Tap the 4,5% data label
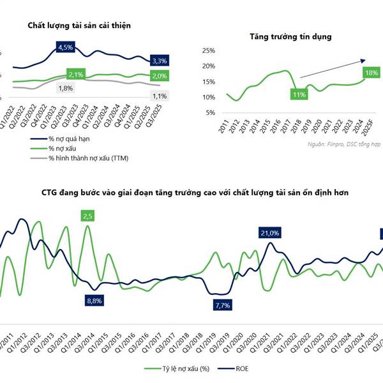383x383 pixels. (66, 48)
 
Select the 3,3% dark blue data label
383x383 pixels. (159, 61)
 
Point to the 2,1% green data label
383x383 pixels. (76, 75)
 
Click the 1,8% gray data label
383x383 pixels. (65, 88)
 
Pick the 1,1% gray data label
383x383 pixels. (159, 96)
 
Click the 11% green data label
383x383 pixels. (299, 94)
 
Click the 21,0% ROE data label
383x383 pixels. (269, 233)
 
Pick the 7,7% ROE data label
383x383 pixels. (222, 305)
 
